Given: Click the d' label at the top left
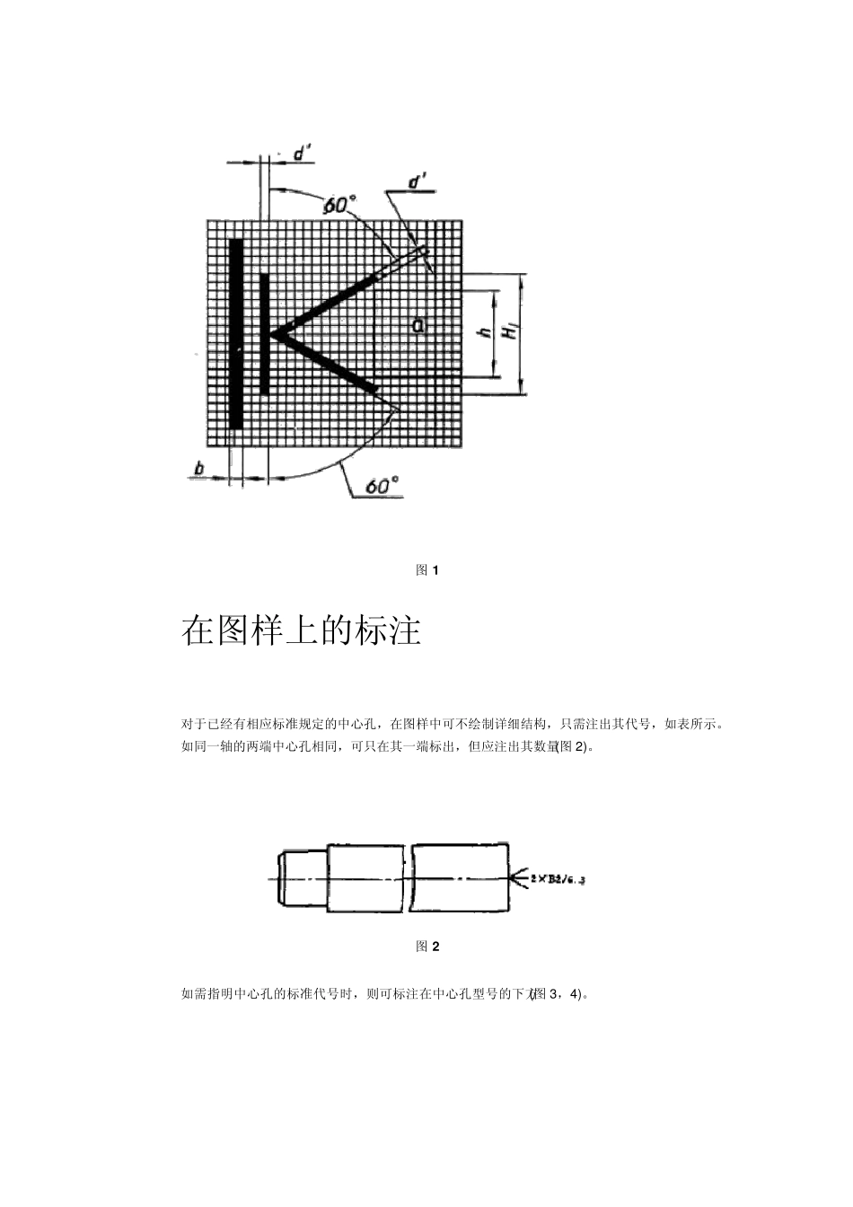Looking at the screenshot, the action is click(x=302, y=154).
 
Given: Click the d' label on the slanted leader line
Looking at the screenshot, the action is click(x=418, y=183).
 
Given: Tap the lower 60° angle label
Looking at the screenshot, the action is click(x=381, y=486).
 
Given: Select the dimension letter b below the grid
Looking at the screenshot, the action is click(x=198, y=468).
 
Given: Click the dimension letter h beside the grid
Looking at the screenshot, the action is click(x=485, y=332).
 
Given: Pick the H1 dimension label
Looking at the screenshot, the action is click(x=510, y=332).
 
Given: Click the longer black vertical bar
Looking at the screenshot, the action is click(x=235, y=333).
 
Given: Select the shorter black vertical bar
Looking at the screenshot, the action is click(x=264, y=333).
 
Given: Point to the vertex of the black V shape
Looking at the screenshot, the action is click(x=273, y=334).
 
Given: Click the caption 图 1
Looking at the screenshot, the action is click(x=426, y=570).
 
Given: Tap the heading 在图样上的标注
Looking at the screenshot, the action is click(x=301, y=630).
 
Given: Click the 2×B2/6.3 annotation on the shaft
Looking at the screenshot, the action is click(x=558, y=880).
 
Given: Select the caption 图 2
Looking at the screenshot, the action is click(x=426, y=946).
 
